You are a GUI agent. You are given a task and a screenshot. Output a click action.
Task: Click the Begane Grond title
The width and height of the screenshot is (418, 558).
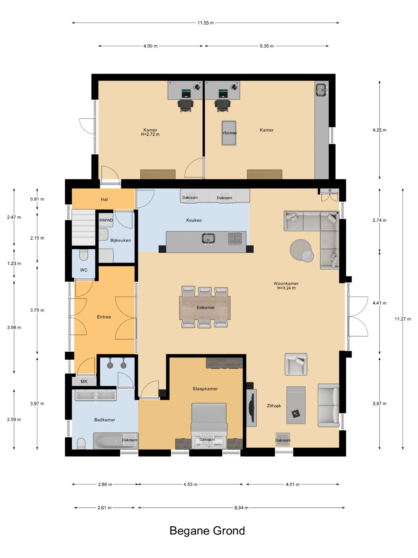[207, 531]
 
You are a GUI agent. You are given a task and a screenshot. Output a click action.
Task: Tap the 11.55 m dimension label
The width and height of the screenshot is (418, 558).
[206, 23]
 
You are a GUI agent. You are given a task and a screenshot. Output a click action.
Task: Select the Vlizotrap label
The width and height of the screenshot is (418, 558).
[229, 133]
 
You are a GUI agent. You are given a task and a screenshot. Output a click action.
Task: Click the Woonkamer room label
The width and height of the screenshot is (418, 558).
[286, 283]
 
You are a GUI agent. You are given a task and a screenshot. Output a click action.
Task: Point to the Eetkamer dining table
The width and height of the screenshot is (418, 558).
[205, 308]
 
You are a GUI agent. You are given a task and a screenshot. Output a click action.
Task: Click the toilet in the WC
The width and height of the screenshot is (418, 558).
[84, 255]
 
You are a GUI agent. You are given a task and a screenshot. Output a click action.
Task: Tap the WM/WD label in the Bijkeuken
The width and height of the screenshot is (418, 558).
[106, 220]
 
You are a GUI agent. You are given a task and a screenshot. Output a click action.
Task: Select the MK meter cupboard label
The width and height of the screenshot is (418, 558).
[84, 382]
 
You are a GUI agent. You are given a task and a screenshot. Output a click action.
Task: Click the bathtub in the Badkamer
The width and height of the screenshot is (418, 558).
[116, 441]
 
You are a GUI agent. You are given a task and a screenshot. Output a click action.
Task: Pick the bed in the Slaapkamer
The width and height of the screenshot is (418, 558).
[209, 426]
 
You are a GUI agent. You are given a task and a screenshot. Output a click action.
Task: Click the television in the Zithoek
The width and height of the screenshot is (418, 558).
[252, 407]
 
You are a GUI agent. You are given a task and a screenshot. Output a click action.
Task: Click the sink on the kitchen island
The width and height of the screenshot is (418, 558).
[208, 239]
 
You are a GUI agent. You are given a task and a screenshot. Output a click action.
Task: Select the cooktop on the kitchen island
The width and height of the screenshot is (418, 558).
[235, 238]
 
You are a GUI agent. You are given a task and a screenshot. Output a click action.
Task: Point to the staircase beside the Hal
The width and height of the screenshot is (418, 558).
[84, 227]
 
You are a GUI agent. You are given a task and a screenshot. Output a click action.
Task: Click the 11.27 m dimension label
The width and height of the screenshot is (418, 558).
[403, 319]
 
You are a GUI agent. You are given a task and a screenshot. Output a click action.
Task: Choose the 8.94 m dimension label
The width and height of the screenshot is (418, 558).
[241, 508]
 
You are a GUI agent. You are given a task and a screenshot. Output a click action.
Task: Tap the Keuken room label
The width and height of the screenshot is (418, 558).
[194, 220]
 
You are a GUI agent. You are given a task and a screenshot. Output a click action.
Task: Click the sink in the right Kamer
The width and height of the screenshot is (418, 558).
[322, 90]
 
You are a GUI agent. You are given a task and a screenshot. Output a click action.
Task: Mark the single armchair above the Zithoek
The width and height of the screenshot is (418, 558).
[296, 364]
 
